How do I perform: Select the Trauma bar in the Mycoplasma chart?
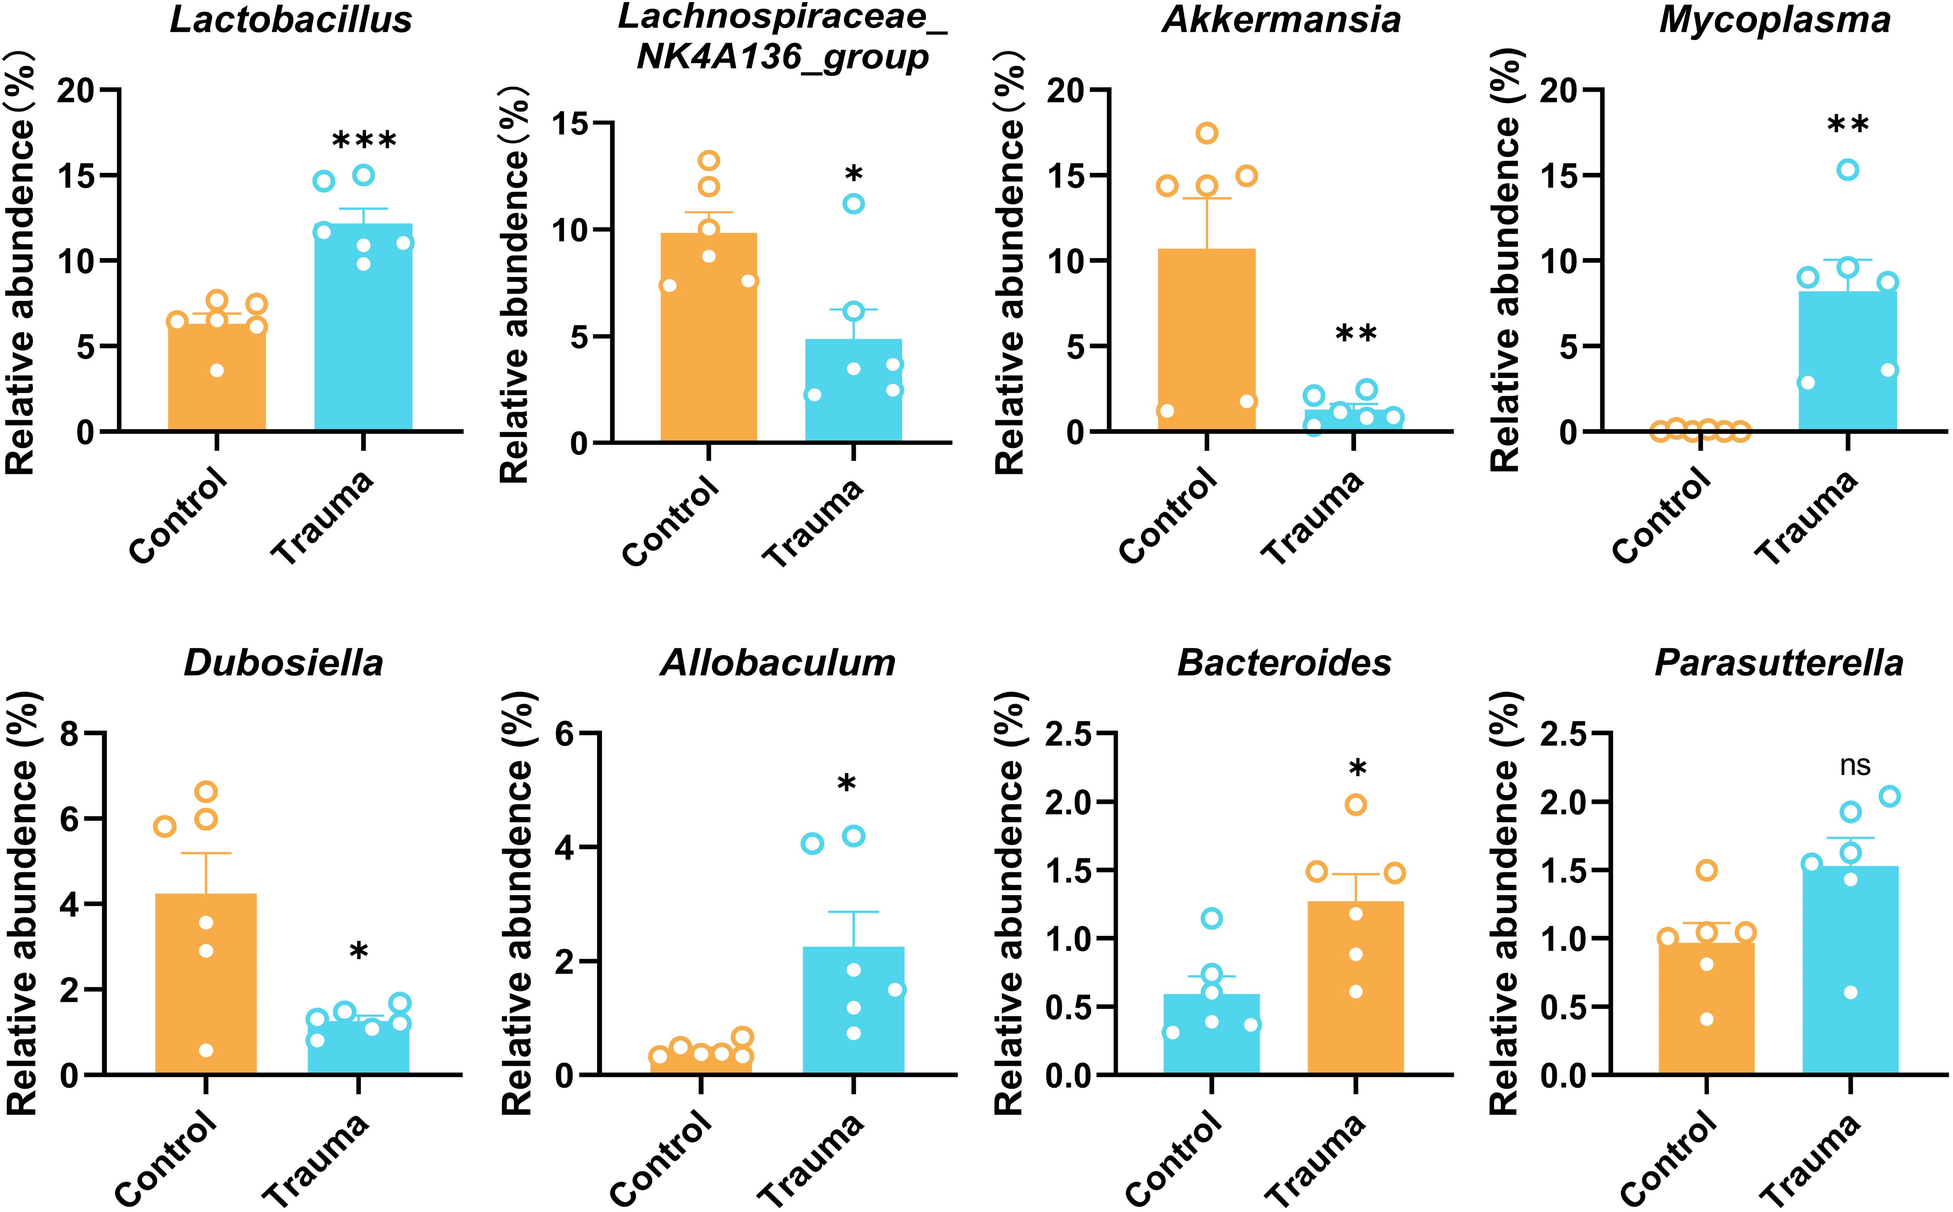coord(1848,361)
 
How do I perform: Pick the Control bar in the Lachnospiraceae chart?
coord(709,337)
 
